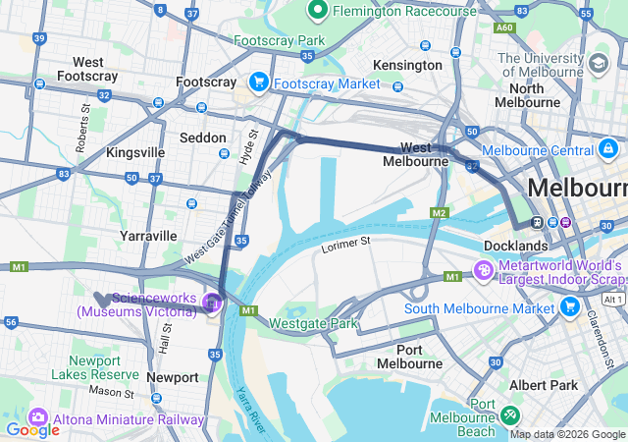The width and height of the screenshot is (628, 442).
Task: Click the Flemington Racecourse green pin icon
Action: (317, 11)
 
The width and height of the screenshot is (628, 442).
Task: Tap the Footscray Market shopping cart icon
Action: (259, 82)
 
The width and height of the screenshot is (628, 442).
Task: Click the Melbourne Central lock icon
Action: (608, 149)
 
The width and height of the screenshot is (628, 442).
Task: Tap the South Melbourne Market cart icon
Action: (570, 308)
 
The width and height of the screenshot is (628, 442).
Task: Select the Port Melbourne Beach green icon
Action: (511, 414)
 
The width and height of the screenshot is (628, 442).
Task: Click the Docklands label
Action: (516, 245)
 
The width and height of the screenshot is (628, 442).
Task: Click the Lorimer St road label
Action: (346, 241)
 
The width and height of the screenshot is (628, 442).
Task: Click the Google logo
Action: (32, 429)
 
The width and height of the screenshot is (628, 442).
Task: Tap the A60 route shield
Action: (504, 29)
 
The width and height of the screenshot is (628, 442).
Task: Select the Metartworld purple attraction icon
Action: (483, 269)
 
